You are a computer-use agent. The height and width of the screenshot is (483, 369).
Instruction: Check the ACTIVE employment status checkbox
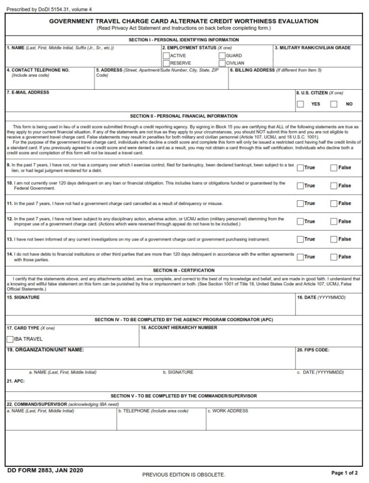coord(166,56)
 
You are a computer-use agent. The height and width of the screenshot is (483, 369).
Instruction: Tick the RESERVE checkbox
coord(166,63)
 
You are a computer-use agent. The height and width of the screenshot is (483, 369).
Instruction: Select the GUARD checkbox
coord(222,56)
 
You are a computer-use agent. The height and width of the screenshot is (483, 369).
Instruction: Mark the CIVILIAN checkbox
coord(222,63)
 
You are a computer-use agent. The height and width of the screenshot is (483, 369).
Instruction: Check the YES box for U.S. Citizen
coord(300,104)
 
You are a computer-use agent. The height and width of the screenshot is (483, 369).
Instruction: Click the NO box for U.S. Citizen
coord(334,104)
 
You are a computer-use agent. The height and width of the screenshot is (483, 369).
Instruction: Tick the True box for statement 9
coord(300,168)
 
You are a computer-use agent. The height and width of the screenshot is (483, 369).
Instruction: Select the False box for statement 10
coord(333,185)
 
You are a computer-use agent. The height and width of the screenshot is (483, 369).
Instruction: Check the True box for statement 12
coord(300,221)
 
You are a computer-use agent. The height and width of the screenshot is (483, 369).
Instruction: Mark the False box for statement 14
coord(333,257)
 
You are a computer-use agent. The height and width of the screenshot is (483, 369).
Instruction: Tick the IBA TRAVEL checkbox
coord(10,339)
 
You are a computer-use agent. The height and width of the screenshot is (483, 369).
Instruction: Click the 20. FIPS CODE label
coord(313,350)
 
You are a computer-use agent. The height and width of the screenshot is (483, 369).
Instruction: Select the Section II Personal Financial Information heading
coord(184,116)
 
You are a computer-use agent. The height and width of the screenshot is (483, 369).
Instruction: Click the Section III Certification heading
coord(184,270)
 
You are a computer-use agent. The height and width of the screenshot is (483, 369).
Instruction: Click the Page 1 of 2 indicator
coord(344,473)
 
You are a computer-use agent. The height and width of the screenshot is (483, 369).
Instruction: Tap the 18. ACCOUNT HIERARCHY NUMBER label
coord(179,327)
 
